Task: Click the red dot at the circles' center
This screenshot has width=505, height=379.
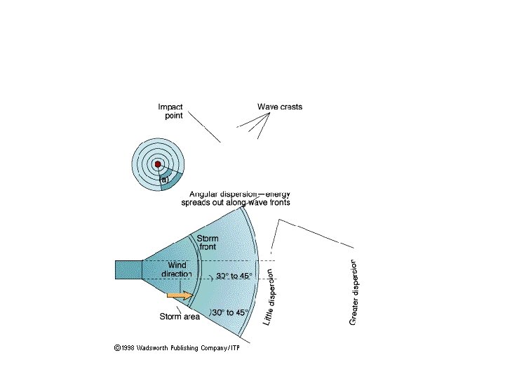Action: tap(159, 164)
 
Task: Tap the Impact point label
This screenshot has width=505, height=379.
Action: tap(170, 111)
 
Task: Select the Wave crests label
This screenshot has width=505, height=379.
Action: tap(280, 107)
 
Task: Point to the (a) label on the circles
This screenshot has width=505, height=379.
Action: tap(165, 180)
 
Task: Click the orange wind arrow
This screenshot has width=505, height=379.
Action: tap(180, 295)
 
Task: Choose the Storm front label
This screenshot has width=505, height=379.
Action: tap(207, 243)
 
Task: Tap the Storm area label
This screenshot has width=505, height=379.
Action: tap(180, 317)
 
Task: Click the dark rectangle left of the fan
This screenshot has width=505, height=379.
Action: tap(128, 270)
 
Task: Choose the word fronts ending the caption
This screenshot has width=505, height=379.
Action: tap(276, 202)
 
